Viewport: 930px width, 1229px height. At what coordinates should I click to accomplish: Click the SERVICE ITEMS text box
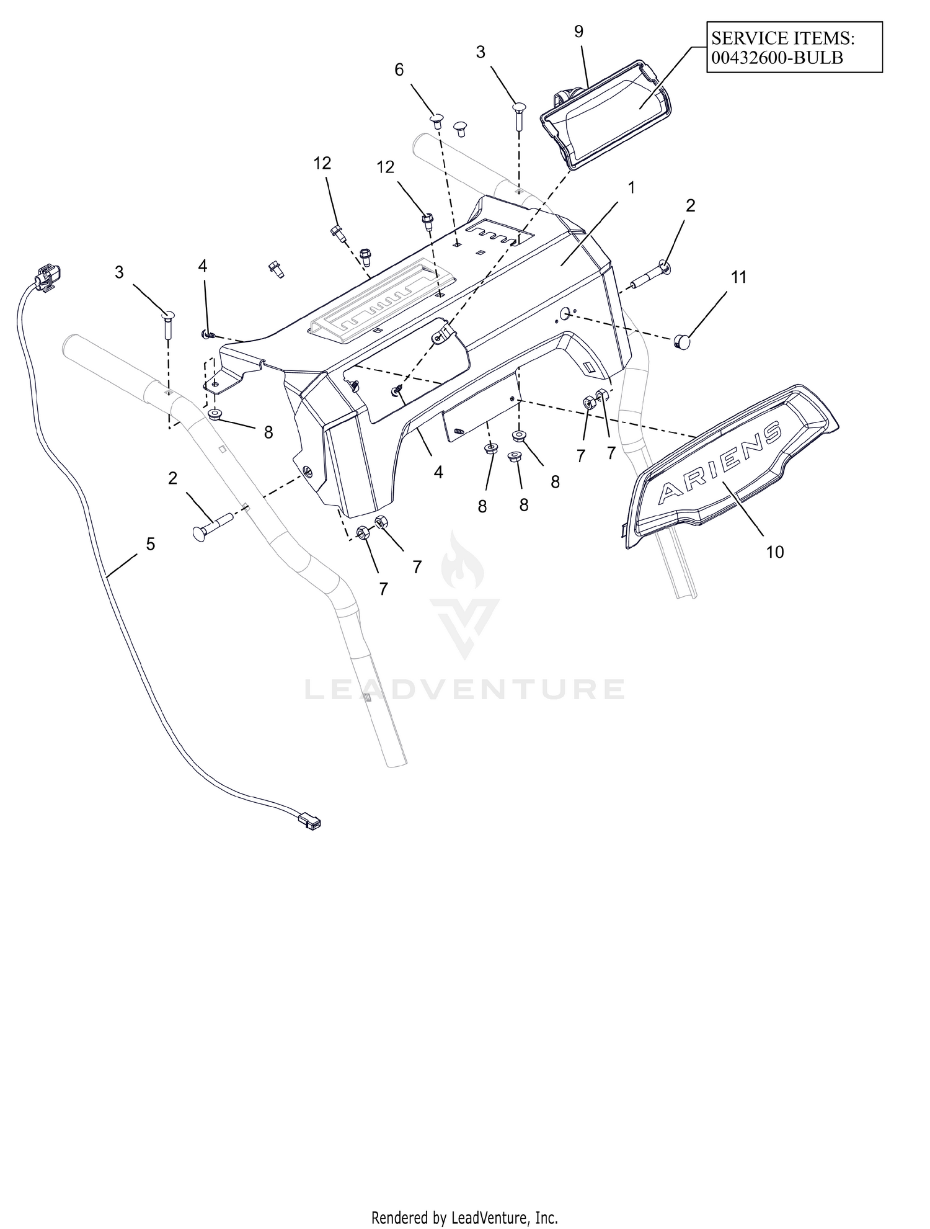[794, 47]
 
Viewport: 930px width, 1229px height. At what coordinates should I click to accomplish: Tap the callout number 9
[578, 32]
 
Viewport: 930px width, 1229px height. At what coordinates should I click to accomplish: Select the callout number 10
[775, 552]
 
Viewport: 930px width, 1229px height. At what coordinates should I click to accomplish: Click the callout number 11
[738, 277]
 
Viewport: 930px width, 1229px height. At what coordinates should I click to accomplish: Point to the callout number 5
[150, 544]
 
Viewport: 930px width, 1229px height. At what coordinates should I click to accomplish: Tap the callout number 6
[399, 70]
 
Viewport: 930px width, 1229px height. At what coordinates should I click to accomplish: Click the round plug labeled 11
[682, 341]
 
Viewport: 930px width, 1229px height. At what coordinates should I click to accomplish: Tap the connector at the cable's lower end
[311, 822]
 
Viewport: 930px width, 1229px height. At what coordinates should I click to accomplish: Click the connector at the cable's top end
[48, 277]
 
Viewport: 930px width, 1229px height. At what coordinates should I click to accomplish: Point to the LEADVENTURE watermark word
[464, 690]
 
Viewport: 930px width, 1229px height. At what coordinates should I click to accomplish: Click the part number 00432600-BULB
[777, 57]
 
